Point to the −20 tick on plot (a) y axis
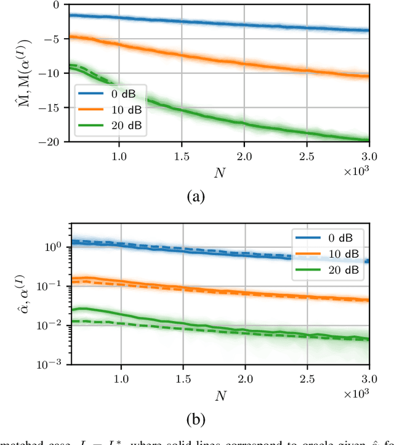[52, 142]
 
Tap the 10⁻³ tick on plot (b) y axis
[54, 364]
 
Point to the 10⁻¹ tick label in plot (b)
[54, 286]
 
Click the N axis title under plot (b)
[219, 392]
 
